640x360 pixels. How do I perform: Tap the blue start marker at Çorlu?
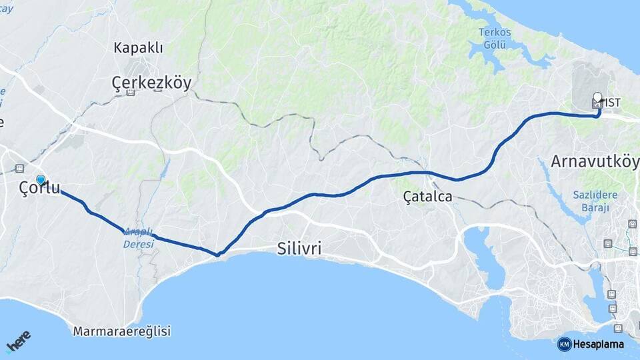41,180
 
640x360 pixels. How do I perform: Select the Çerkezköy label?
151,83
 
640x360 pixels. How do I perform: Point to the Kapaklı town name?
138,48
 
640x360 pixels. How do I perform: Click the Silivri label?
299,249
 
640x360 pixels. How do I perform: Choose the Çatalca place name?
427,197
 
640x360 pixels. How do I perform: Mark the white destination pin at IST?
597,97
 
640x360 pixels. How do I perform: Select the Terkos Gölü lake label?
494,38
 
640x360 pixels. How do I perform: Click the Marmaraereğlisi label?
122,331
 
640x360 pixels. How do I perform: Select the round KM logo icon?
564,344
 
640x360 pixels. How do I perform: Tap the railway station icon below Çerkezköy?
130,93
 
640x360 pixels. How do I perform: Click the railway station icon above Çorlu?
19,168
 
